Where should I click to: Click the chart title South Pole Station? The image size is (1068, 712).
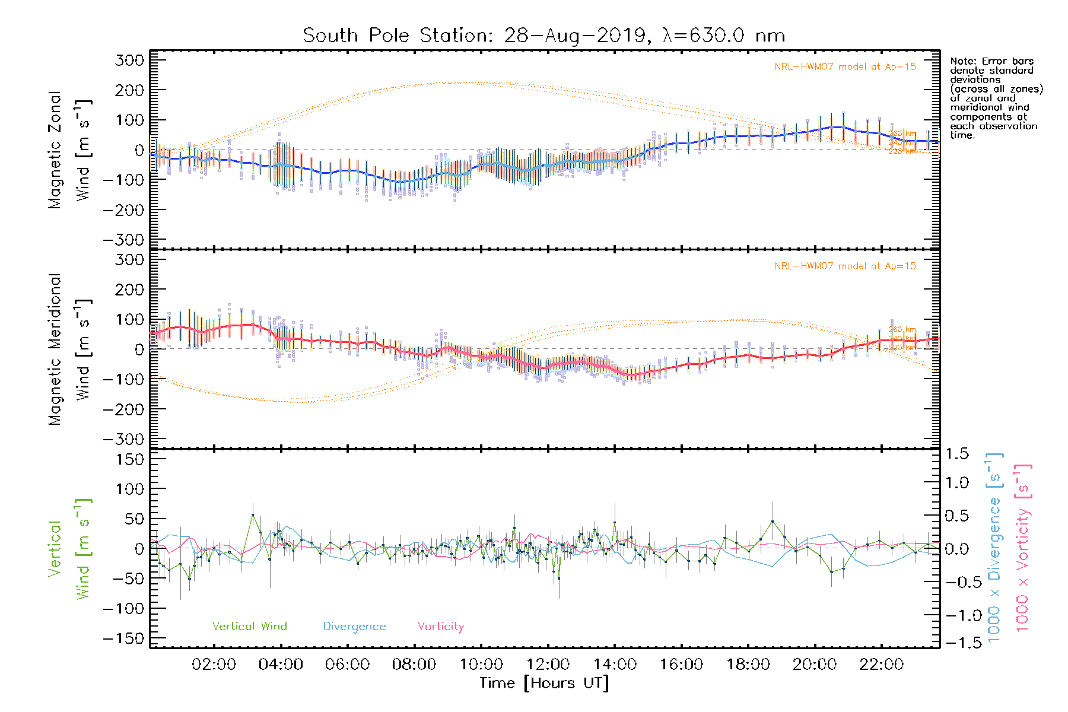pyautogui.click(x=543, y=36)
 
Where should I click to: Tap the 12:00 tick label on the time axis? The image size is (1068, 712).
pyautogui.click(x=548, y=665)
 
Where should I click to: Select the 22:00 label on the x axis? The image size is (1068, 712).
pyautogui.click(x=881, y=665)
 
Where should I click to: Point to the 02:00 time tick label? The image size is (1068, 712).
pyautogui.click(x=214, y=665)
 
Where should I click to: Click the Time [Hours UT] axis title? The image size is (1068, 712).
pyautogui.click(x=544, y=684)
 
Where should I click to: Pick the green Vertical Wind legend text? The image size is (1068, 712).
pyautogui.click(x=249, y=627)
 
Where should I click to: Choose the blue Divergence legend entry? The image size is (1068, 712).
pyautogui.click(x=354, y=627)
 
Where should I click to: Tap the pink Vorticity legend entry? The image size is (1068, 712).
pyautogui.click(x=440, y=627)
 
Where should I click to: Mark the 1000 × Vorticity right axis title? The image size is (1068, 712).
pyautogui.click(x=1023, y=548)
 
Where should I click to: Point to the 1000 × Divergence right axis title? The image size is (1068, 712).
pyautogui.click(x=994, y=548)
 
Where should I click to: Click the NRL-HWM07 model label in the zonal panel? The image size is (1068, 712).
pyautogui.click(x=845, y=67)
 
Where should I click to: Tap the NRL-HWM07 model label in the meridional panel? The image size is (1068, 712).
pyautogui.click(x=845, y=266)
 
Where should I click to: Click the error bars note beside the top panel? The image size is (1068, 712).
pyautogui.click(x=996, y=98)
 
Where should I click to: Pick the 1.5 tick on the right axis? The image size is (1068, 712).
pyautogui.click(x=957, y=454)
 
